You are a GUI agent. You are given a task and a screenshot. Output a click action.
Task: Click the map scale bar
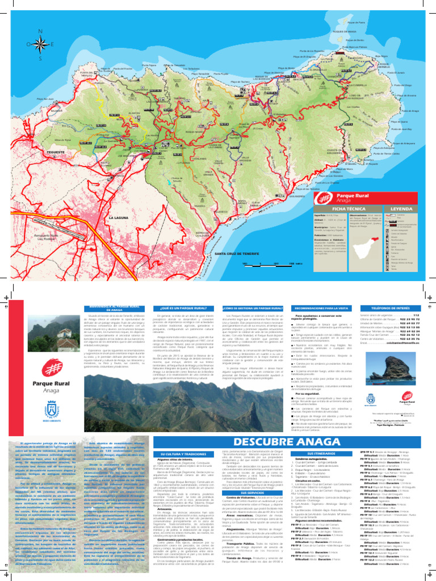click(267, 264)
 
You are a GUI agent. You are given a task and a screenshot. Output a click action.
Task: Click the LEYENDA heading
click(401, 209)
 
